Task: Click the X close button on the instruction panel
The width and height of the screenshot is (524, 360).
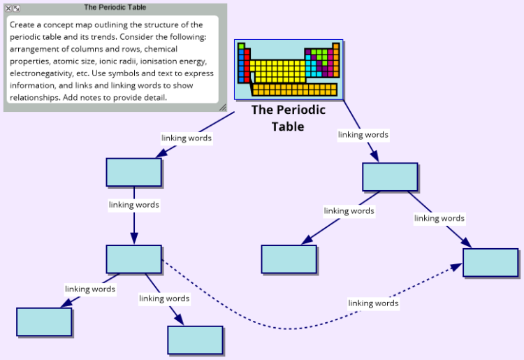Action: tap(8, 8)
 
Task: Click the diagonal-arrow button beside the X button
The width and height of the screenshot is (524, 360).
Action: tap(16, 8)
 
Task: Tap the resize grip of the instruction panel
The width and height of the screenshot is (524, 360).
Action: tap(223, 107)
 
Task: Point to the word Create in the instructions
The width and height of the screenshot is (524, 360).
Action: tap(22, 24)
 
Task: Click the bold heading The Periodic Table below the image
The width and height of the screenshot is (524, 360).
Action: tap(288, 118)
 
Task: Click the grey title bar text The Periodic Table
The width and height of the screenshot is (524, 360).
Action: tap(115, 8)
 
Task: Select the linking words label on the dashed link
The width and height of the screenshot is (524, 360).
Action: tap(373, 303)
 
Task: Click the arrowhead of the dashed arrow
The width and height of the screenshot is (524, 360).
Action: tap(457, 267)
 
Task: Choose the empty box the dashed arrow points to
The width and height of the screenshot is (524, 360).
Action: tap(490, 263)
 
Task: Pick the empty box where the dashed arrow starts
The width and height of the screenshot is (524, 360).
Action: tap(134, 259)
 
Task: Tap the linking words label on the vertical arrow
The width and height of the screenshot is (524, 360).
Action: tap(134, 205)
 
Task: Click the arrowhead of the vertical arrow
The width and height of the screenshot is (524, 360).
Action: tap(134, 238)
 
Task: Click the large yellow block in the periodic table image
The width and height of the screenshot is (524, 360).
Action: tap(277, 71)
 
